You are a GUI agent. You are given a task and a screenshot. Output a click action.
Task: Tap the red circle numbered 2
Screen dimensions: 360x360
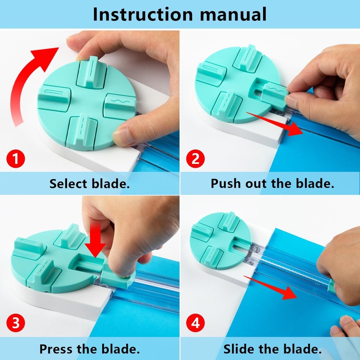click(195, 159)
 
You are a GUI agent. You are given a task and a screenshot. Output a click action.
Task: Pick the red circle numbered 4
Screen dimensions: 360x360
click(195, 323)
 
